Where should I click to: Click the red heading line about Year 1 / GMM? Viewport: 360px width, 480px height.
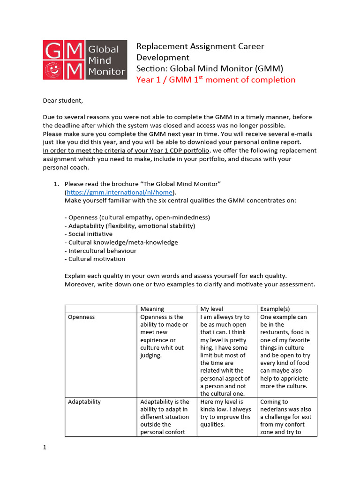pyautogui.click(x=216, y=80)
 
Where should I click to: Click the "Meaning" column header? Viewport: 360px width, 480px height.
pyautogui.click(x=152, y=309)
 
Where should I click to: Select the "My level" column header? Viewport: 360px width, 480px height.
pyautogui.click(x=212, y=309)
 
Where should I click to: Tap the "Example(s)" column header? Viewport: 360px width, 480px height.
pyautogui.click(x=275, y=309)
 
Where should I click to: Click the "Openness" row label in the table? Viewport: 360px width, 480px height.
pyautogui.click(x=81, y=317)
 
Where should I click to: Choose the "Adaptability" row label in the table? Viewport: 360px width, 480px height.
pyautogui.click(x=84, y=402)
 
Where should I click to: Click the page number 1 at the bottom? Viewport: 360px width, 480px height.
pyautogui.click(x=45, y=447)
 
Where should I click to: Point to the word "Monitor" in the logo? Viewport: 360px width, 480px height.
pyautogui.click(x=106, y=72)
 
